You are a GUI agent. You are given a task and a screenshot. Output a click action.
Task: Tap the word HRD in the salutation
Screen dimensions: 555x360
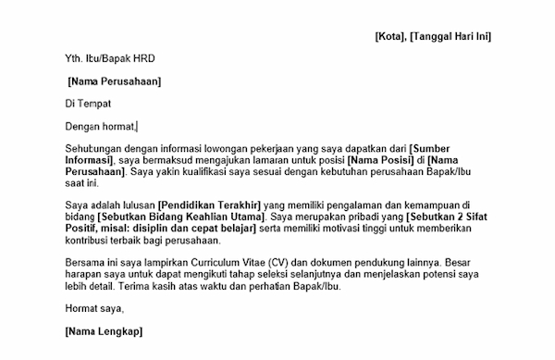point(142,58)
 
